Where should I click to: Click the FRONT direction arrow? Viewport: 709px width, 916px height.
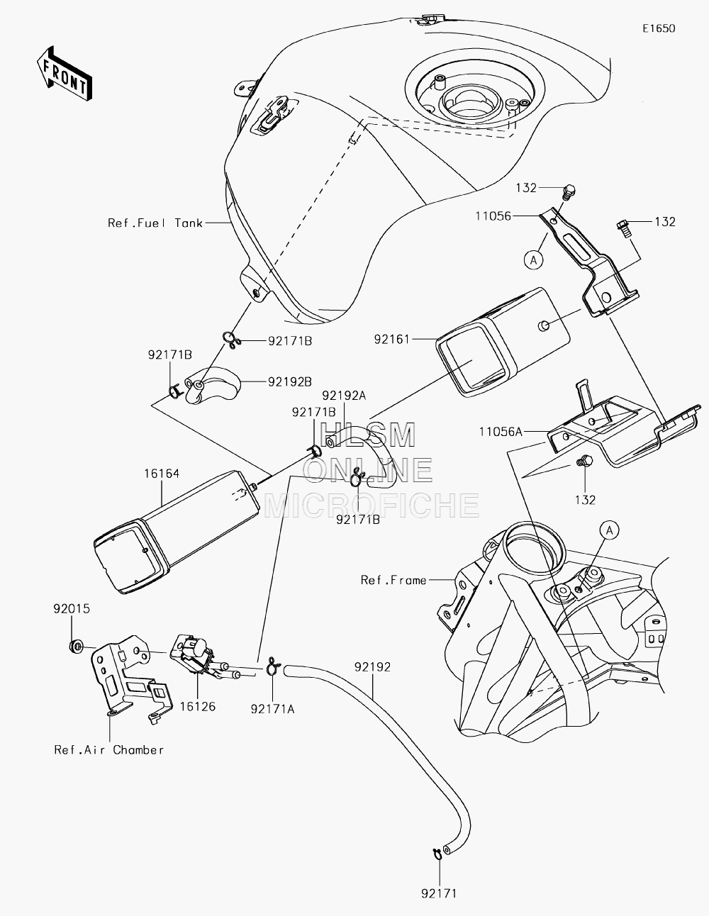[64, 73]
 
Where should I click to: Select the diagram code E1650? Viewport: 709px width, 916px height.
[659, 28]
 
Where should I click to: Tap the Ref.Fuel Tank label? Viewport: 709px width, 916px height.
[155, 223]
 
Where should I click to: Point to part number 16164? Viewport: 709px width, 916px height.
[162, 474]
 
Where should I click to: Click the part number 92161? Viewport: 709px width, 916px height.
[392, 340]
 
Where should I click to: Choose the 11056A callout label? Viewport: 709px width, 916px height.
[501, 432]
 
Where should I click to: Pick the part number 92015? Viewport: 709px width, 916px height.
[72, 609]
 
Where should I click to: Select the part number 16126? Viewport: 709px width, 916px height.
[198, 706]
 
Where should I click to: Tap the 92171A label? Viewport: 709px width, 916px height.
[273, 710]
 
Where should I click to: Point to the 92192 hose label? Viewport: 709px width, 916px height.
[373, 667]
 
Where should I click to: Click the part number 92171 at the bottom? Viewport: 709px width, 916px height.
[439, 893]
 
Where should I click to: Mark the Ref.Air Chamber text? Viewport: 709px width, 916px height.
[109, 750]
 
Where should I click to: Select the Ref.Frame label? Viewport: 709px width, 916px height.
[393, 581]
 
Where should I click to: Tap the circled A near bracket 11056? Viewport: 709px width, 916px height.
[534, 260]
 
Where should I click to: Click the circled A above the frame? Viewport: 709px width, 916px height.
[610, 530]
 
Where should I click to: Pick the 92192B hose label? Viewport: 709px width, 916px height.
[290, 381]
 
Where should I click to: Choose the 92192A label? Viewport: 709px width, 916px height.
[344, 396]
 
